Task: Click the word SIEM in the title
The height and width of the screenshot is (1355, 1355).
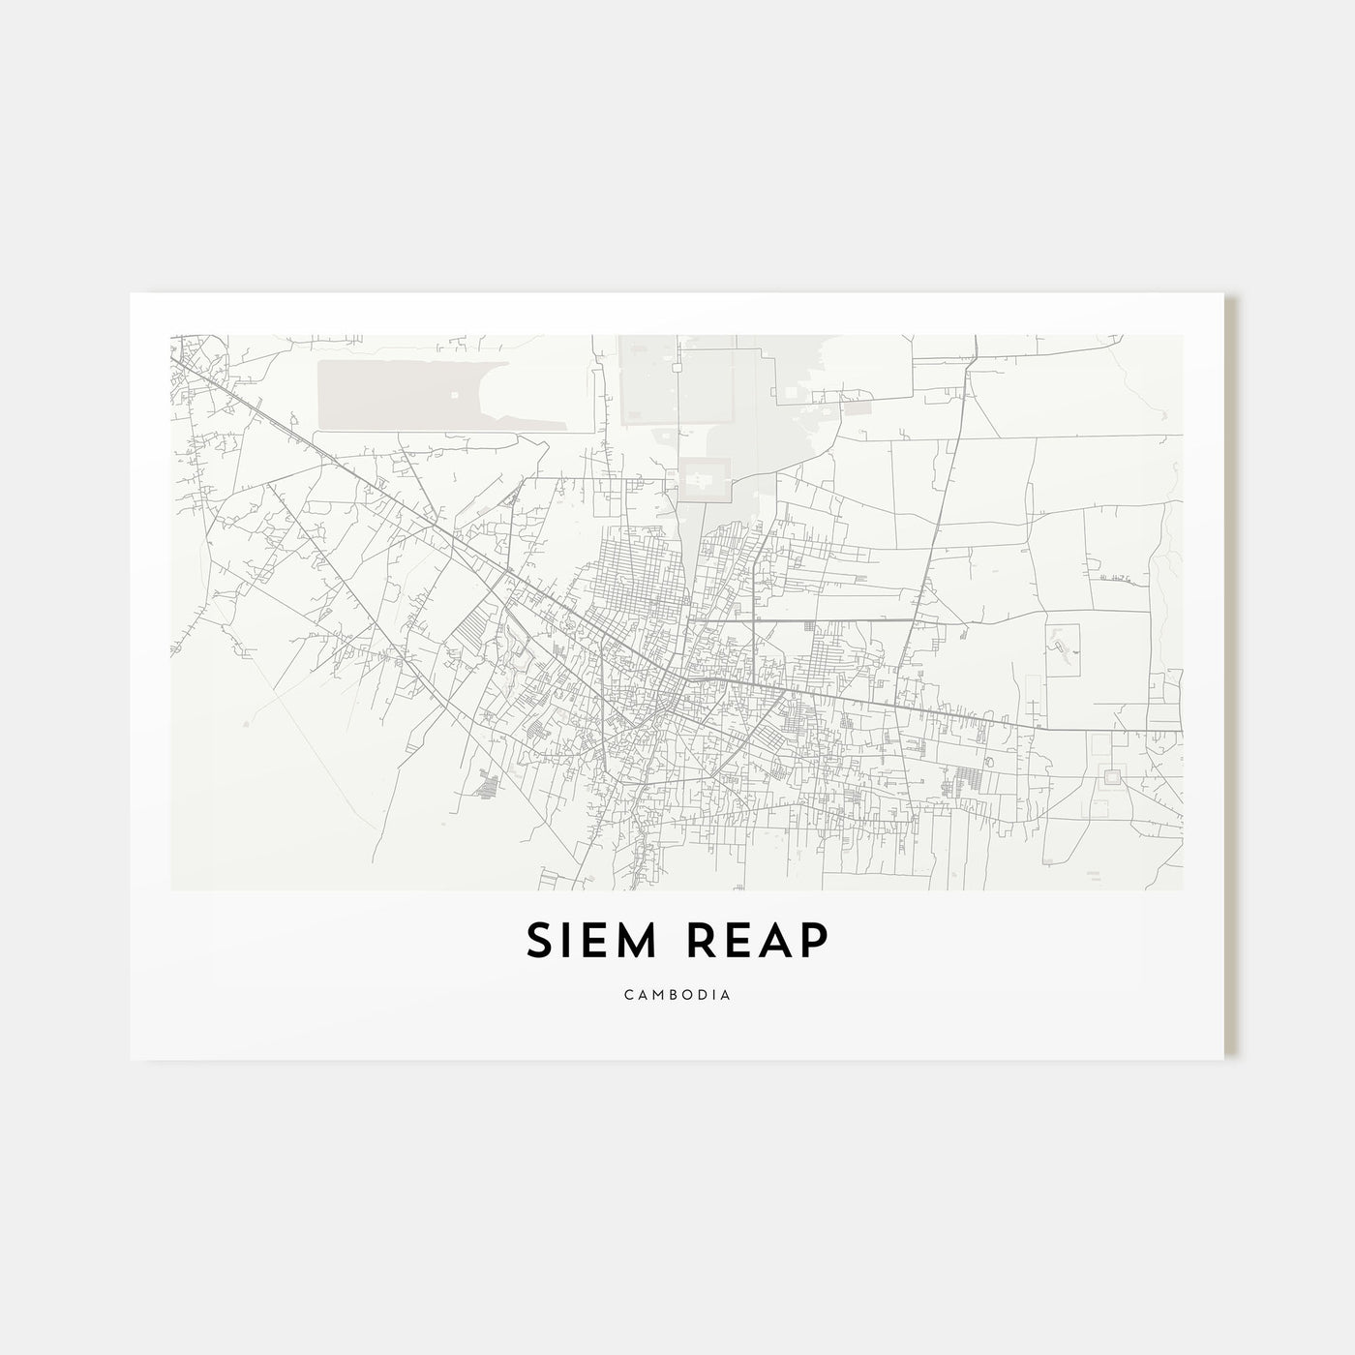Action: click(591, 940)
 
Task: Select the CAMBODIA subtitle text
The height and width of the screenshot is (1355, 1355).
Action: click(677, 994)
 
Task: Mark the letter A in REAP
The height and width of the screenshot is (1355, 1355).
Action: click(776, 940)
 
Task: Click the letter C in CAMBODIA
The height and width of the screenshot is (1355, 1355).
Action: click(628, 994)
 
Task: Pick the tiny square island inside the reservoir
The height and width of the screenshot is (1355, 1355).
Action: click(455, 394)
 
